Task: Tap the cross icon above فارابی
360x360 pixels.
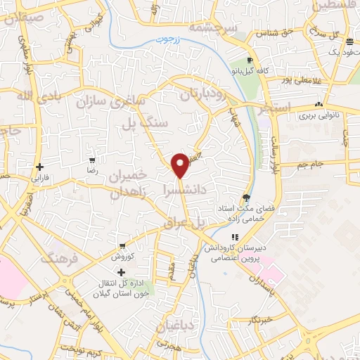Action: (40, 167)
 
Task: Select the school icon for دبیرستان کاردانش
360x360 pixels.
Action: (235, 238)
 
